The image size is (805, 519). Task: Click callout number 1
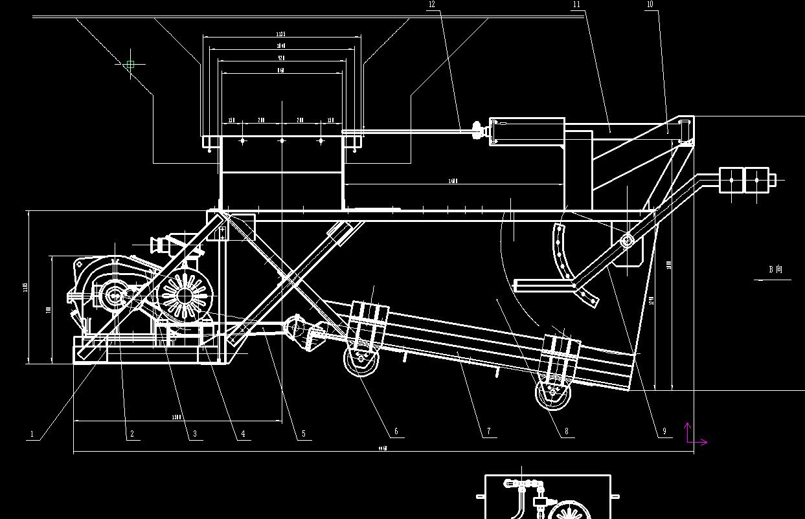(32, 434)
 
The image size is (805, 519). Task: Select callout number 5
(303, 434)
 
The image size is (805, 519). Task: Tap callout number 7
(488, 431)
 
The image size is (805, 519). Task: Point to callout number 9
(664, 432)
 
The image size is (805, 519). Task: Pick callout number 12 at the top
(432, 5)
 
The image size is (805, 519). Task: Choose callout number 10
(650, 5)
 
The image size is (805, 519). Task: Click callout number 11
(576, 5)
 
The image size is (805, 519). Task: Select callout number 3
(194, 434)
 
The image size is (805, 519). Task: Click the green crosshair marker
(130, 65)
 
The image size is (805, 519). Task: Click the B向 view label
(775, 269)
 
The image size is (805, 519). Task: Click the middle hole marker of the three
(282, 140)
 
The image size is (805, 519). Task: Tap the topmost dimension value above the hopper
(281, 34)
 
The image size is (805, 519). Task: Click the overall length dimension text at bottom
(383, 448)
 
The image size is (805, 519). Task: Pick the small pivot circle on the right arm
(626, 241)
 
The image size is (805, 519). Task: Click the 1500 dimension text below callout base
(176, 417)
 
